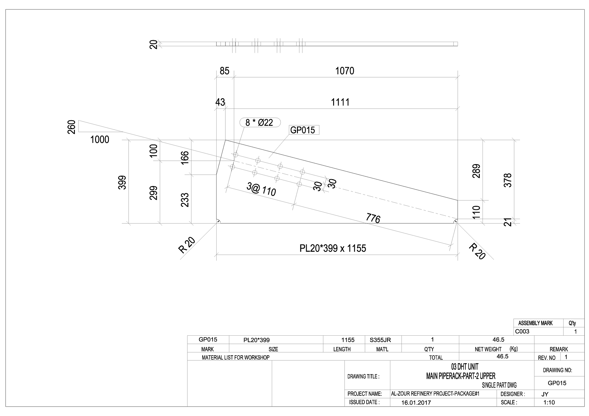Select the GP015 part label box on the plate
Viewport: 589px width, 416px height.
click(x=303, y=130)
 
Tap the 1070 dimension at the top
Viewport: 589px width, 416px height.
click(x=345, y=71)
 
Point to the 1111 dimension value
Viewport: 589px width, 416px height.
click(x=340, y=102)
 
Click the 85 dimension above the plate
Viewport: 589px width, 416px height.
click(x=225, y=71)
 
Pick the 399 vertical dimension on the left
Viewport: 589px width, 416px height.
click(x=122, y=182)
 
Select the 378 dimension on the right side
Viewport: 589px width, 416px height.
click(x=508, y=180)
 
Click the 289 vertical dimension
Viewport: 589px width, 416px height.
click(x=476, y=171)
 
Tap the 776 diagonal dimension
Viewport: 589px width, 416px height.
click(x=373, y=218)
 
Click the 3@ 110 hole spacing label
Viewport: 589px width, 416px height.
click(x=261, y=189)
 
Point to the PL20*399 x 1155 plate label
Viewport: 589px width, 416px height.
click(x=333, y=248)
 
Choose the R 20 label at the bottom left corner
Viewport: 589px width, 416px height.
click(x=187, y=245)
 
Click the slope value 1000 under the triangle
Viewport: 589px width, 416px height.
click(x=100, y=140)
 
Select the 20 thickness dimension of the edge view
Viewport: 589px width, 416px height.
click(x=154, y=44)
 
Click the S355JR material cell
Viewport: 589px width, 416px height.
click(x=380, y=340)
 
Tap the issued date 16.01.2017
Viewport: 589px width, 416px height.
click(x=416, y=403)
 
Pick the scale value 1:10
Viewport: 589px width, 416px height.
click(x=549, y=403)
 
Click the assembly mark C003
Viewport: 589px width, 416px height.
click(x=522, y=331)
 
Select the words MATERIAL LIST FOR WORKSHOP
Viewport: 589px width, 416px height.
click(x=236, y=357)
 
